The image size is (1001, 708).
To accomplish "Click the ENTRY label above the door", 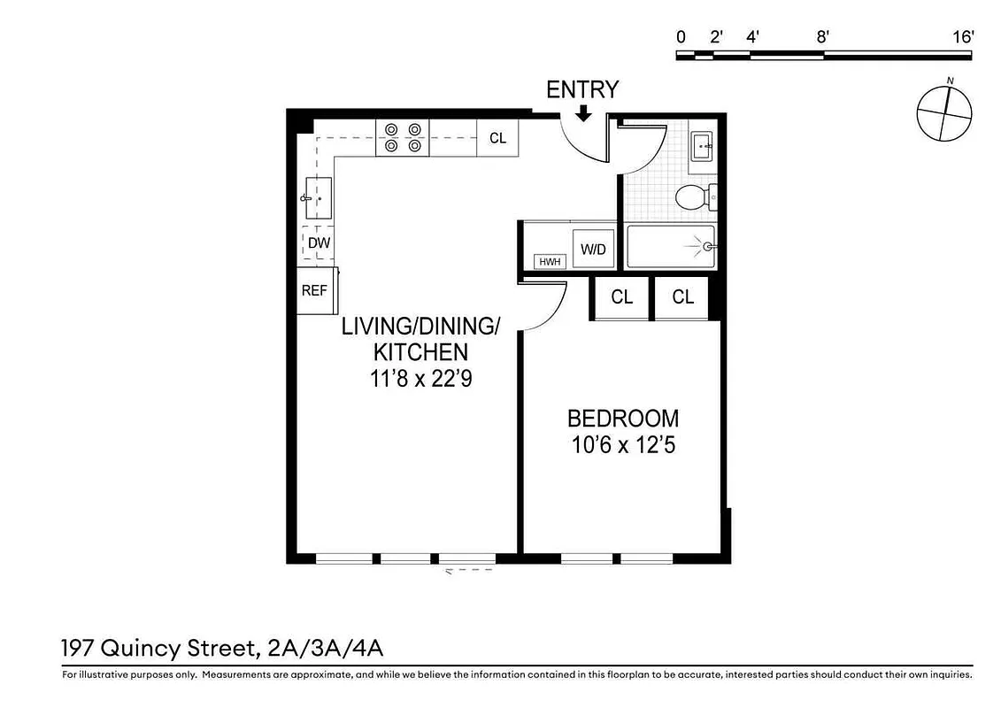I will click(581, 89).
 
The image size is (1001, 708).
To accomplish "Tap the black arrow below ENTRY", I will click(582, 113).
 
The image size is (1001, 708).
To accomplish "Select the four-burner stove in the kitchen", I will click(403, 138).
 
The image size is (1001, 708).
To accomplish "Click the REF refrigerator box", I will click(314, 290).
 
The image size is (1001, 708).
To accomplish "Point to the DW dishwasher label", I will click(319, 242).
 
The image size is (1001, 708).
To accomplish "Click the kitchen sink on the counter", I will click(318, 199).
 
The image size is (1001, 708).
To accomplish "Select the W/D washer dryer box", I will click(592, 250).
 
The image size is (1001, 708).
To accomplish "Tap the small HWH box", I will click(551, 262).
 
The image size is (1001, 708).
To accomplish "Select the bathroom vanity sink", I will click(703, 146).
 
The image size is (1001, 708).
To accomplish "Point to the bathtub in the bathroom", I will click(670, 247).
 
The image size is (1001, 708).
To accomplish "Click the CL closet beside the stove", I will click(497, 138).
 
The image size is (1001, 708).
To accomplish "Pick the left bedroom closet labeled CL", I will click(621, 297).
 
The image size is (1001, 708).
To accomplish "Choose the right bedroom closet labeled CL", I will click(682, 297).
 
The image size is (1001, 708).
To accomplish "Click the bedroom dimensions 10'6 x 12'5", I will click(623, 446).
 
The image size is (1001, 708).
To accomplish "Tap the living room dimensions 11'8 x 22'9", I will click(420, 379).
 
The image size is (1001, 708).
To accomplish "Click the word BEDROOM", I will click(623, 419).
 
